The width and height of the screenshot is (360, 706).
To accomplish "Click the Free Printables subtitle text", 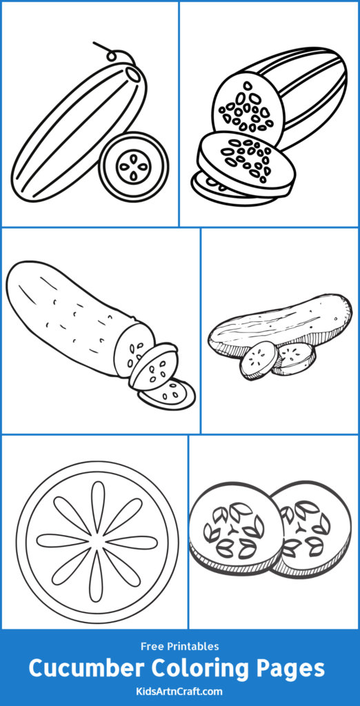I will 179,647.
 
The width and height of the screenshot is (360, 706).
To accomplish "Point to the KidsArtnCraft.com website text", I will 179,690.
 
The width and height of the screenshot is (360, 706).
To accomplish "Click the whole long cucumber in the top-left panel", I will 76,131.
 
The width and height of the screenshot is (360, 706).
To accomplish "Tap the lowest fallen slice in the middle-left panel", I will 168,394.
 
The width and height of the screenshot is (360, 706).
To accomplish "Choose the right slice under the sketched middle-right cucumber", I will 295,357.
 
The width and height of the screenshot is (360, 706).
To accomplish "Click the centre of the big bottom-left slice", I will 97,541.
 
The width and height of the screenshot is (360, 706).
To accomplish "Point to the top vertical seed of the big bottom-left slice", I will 97,504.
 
